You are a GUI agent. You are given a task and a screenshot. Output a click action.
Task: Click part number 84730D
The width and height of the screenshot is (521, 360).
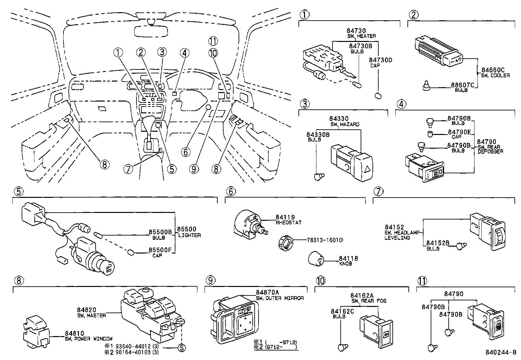(381, 60)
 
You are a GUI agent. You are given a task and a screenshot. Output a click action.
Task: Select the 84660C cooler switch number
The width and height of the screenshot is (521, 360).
(493, 70)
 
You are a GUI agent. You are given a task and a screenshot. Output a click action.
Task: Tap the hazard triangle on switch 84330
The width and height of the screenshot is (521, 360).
(368, 169)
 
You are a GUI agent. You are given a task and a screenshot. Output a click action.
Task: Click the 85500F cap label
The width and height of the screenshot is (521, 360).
(160, 250)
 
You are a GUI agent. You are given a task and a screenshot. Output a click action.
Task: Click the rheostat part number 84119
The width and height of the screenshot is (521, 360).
(285, 217)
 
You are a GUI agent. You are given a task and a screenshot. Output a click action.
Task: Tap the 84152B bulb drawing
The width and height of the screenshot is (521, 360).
(462, 244)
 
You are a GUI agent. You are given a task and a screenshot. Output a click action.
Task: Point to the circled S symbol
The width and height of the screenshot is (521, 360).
(181, 349)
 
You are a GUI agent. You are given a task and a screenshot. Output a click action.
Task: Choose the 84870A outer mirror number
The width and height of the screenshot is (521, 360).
(268, 293)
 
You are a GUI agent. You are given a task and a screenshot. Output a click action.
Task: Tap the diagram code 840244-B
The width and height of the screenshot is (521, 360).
(501, 353)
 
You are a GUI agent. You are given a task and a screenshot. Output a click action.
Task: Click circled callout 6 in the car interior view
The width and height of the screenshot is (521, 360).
(185, 152)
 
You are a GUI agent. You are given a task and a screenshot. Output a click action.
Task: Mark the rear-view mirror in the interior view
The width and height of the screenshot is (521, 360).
(151, 30)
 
